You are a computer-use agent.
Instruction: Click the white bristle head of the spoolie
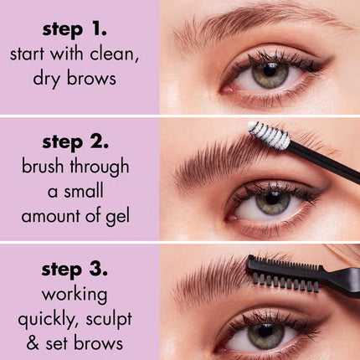[268, 136]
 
